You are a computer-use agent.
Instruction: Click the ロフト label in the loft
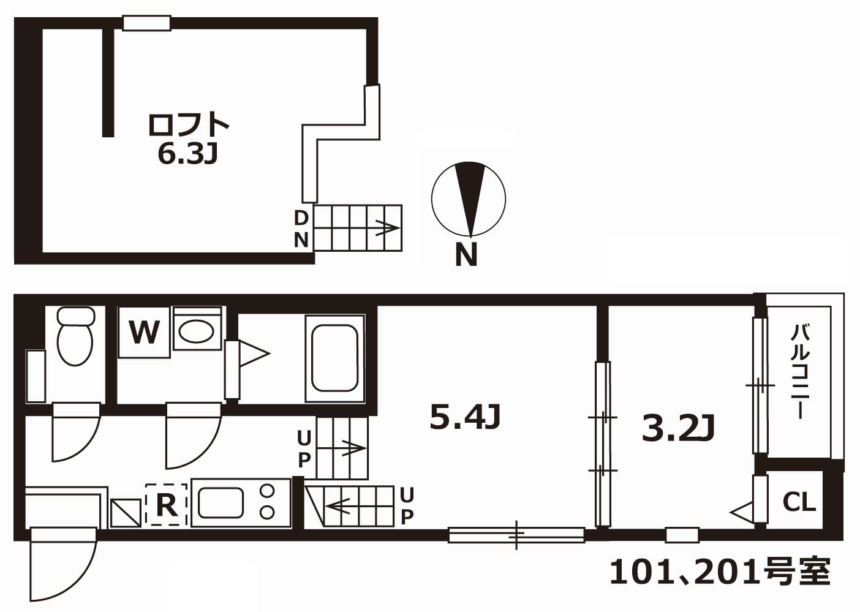[x=188, y=124]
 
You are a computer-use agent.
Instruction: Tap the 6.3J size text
[x=187, y=155]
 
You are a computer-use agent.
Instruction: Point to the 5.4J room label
[x=466, y=418]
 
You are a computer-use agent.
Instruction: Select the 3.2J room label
[x=678, y=428]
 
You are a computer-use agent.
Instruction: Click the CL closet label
[x=799, y=502]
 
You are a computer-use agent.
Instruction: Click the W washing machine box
[x=144, y=333]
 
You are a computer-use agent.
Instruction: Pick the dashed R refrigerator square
[x=166, y=504]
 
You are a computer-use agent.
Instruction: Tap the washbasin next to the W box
[x=197, y=331]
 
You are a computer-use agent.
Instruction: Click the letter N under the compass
[x=466, y=255]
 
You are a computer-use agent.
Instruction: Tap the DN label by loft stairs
[x=301, y=229]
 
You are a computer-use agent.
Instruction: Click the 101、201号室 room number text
[x=720, y=572]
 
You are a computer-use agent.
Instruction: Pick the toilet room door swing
[x=75, y=433]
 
